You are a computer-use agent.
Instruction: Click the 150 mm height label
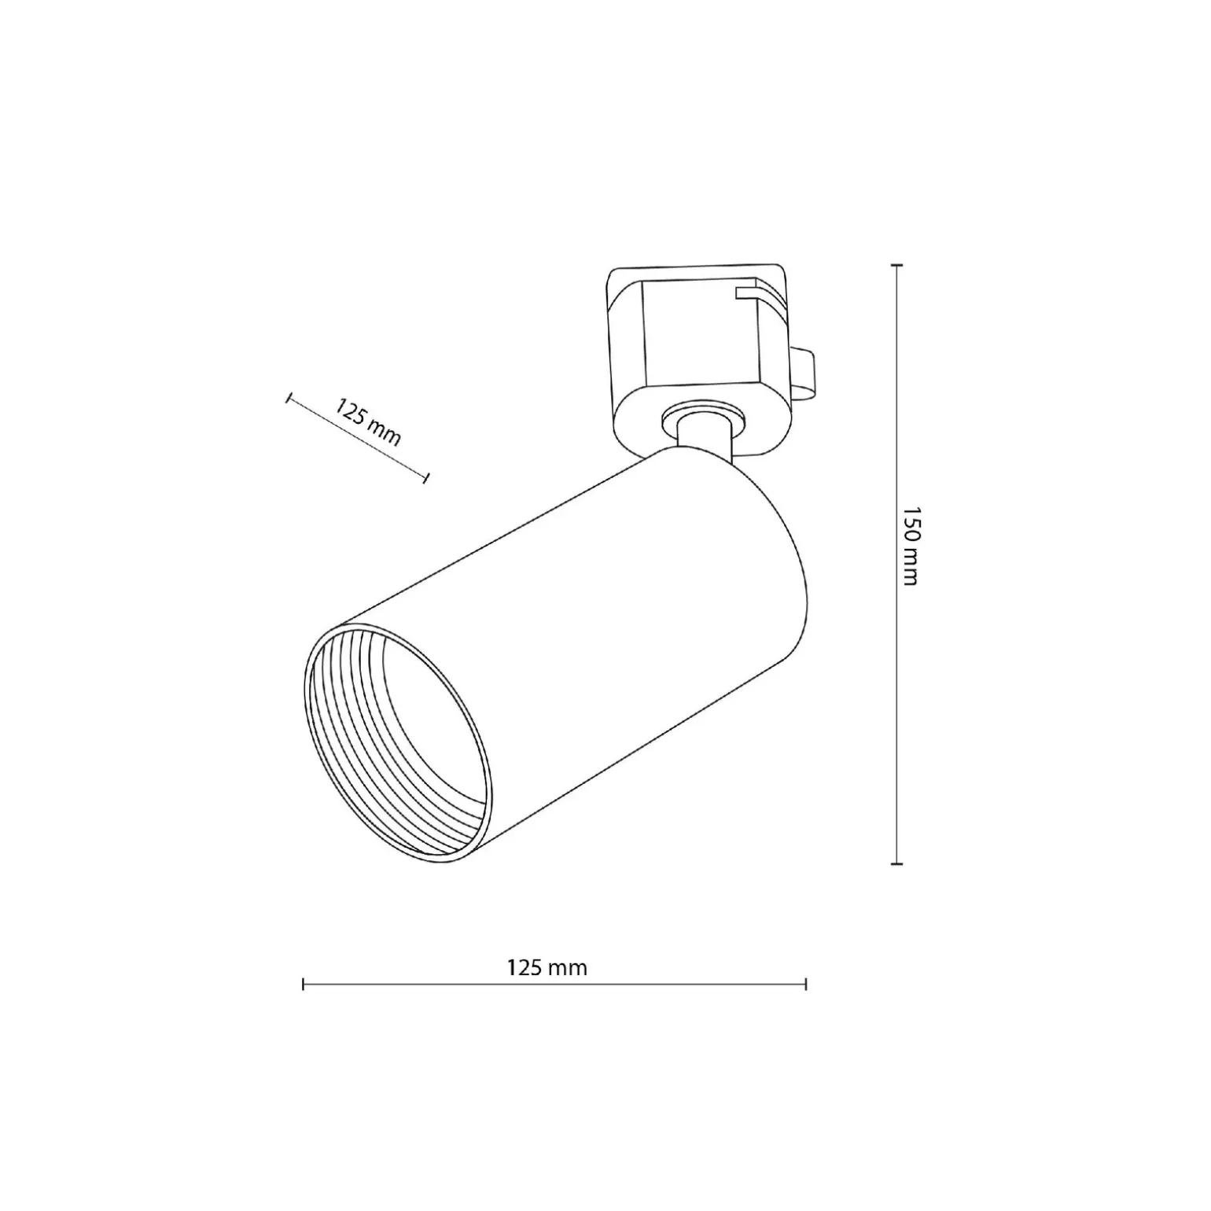tap(910, 545)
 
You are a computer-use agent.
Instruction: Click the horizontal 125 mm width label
tap(547, 967)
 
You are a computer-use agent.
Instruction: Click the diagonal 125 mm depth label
tap(368, 422)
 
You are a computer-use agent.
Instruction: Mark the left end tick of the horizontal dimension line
tap(304, 984)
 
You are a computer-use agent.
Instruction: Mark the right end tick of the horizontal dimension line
tap(806, 984)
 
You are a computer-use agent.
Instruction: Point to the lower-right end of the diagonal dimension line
tap(426, 477)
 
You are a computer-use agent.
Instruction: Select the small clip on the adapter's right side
tap(803, 374)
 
